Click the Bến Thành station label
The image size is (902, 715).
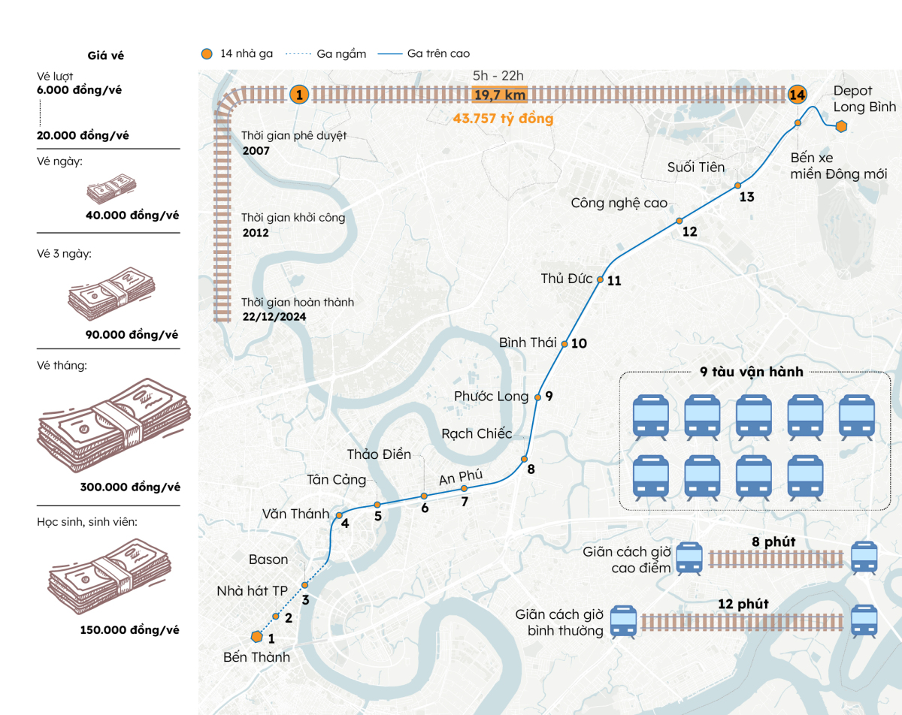(256, 657)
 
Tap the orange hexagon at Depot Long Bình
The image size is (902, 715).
(841, 126)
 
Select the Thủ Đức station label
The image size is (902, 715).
(567, 279)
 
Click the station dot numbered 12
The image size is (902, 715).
(679, 221)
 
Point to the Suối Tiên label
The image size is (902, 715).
(696, 167)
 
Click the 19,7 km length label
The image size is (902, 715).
(500, 95)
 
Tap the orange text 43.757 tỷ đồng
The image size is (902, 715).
(503, 119)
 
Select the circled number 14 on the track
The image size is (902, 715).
(797, 95)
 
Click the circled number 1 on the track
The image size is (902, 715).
(299, 95)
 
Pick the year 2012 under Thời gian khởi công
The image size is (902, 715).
(256, 233)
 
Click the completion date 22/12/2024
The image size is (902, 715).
(274, 317)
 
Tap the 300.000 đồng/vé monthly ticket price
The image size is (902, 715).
(130, 487)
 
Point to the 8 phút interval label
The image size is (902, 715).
(773, 542)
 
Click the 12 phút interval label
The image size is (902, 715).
(743, 604)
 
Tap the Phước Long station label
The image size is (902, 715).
(491, 396)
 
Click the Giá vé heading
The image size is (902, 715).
(106, 56)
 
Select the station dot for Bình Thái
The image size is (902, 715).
(564, 344)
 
